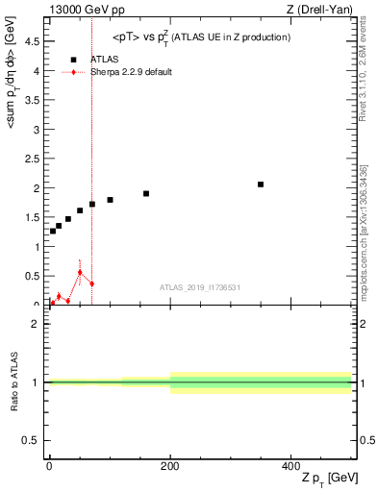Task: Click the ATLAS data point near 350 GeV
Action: tap(261, 184)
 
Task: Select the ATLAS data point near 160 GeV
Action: tap(146, 193)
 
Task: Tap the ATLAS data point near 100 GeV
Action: tap(110, 200)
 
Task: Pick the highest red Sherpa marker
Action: tap(80, 272)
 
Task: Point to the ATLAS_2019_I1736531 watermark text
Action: tap(199, 287)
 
